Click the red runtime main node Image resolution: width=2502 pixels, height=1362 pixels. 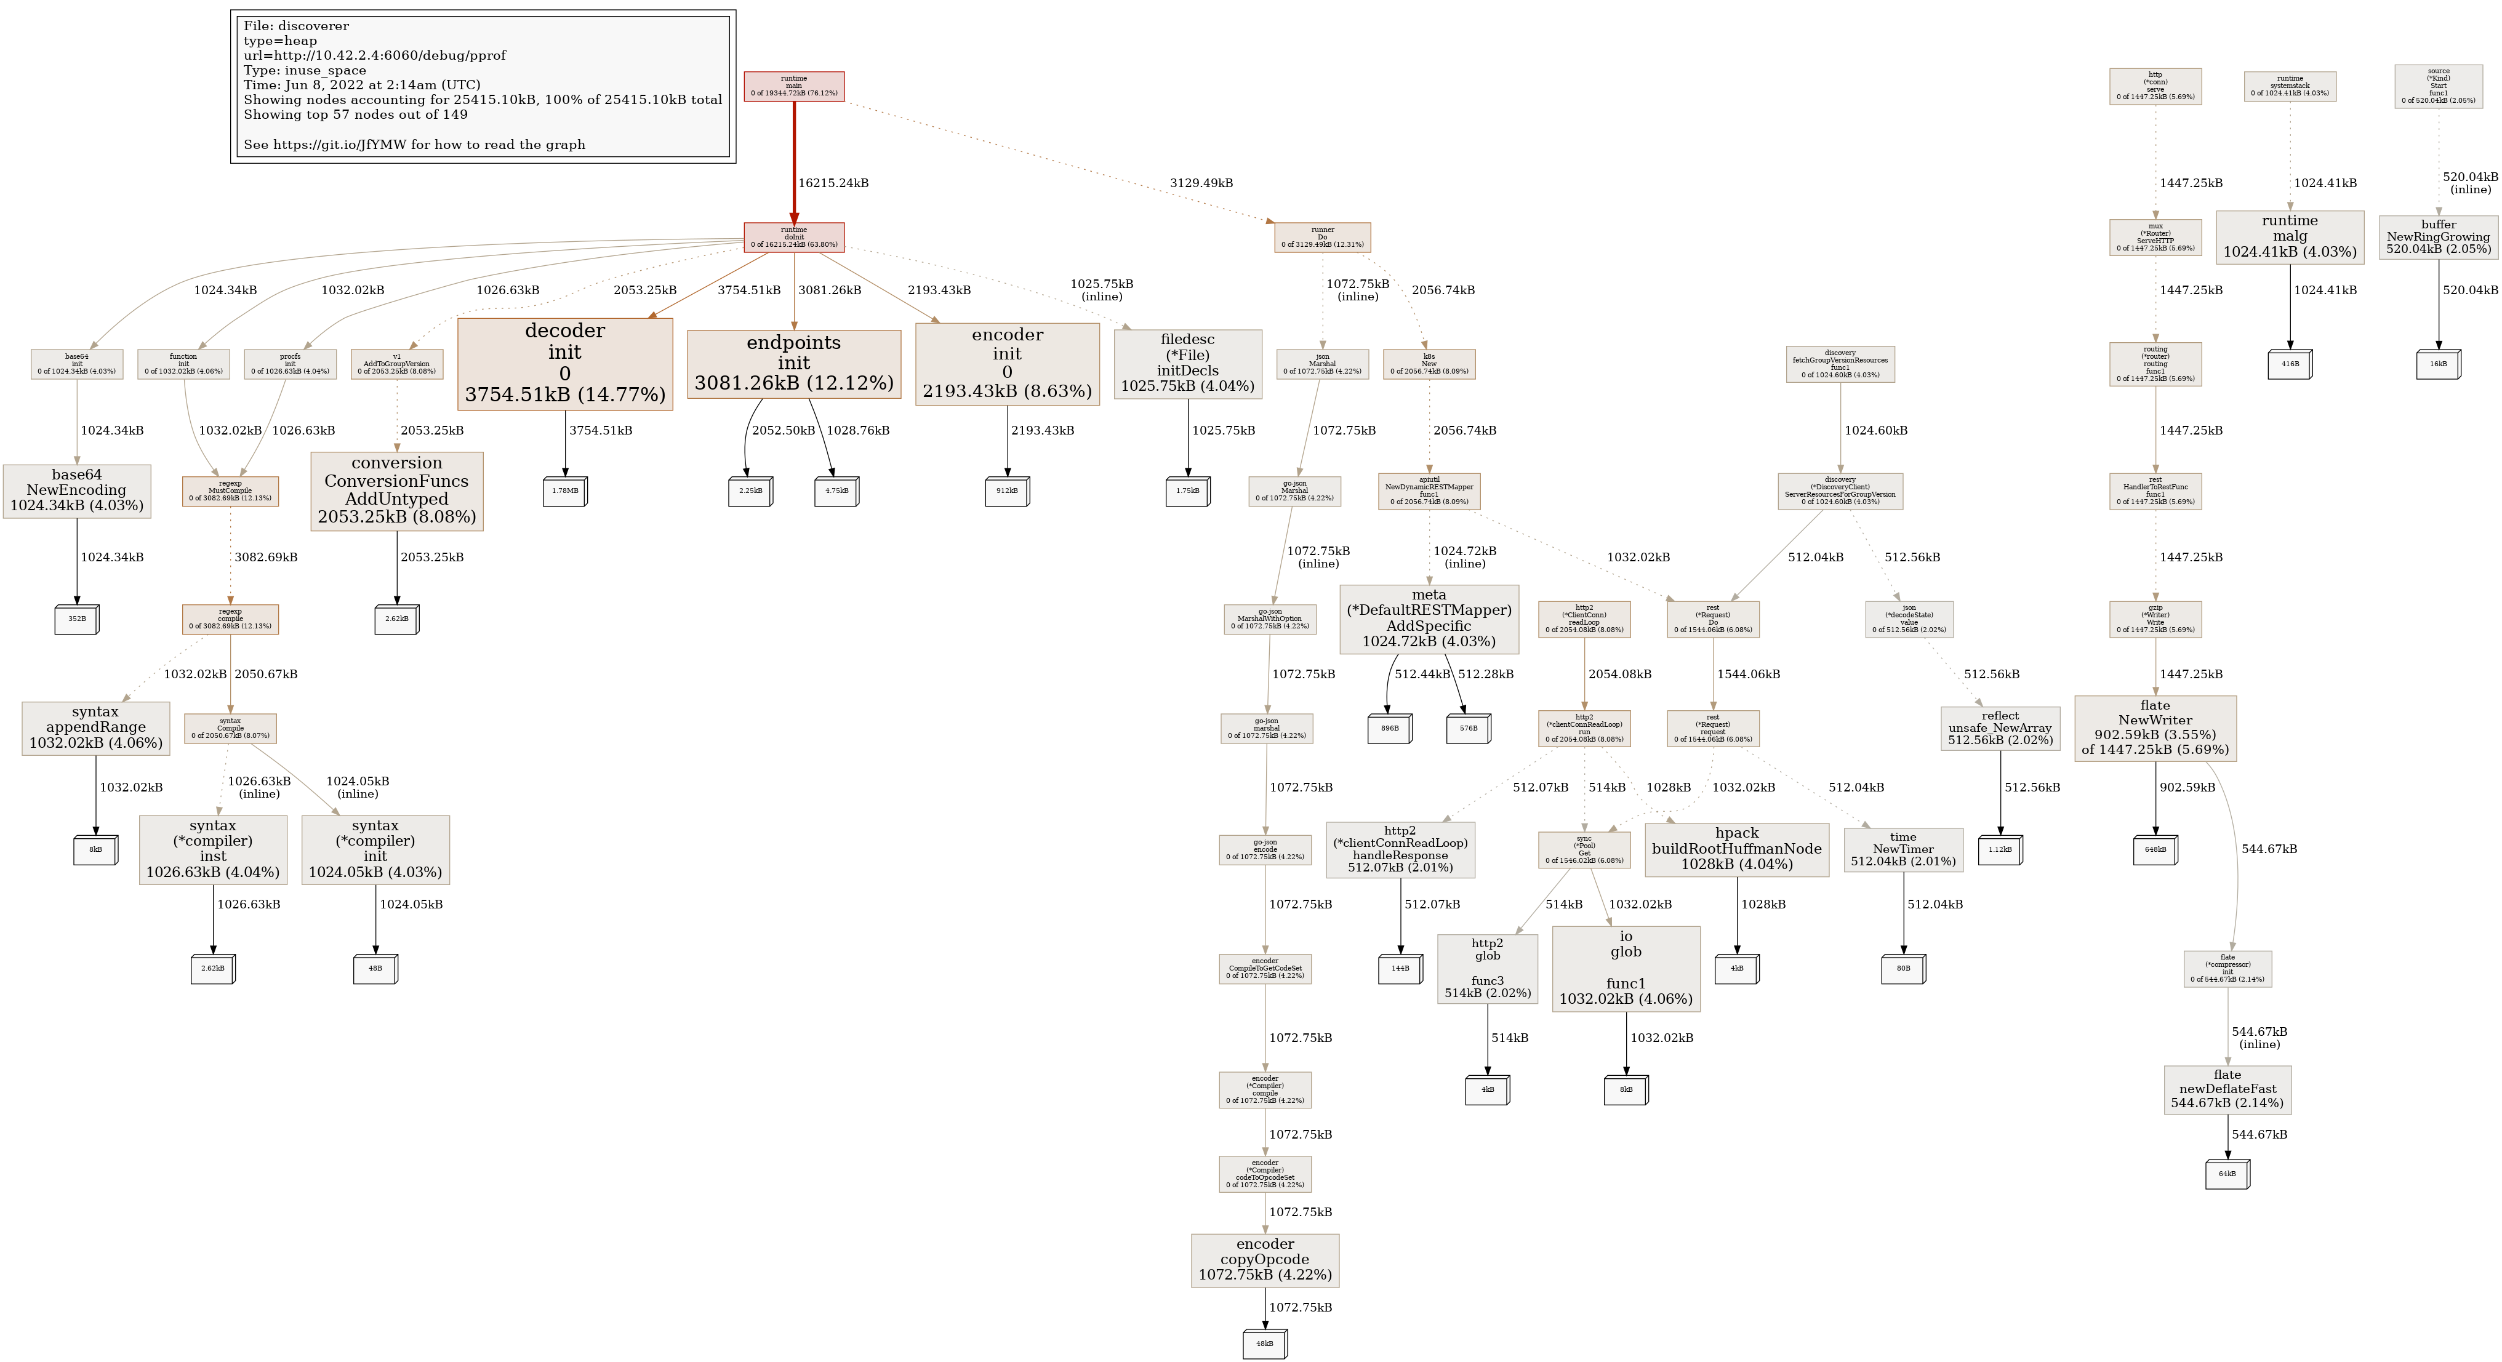click(793, 86)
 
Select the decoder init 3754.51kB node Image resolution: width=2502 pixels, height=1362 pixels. click(564, 363)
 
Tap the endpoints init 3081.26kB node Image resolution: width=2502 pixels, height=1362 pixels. click(793, 363)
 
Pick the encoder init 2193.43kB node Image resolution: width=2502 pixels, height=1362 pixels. click(1007, 363)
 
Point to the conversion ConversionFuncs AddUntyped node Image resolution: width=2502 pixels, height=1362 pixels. click(396, 491)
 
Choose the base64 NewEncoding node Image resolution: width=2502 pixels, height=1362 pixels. click(77, 491)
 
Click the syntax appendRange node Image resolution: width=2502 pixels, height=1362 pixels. click(95, 727)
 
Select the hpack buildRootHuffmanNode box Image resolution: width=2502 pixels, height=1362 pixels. click(1737, 849)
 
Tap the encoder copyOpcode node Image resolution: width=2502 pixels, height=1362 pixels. click(1265, 1260)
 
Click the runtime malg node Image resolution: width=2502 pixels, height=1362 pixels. click(2289, 236)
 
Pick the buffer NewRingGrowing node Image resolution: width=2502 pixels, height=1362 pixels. click(2438, 237)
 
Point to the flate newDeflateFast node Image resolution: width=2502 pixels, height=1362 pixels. click(2227, 1089)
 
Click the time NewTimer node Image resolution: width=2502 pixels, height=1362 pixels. click(1903, 849)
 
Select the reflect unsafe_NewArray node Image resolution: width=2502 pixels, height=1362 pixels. click(2000, 727)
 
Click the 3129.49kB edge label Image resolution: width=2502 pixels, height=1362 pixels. click(1200, 183)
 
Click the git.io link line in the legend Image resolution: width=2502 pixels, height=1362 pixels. click(415, 145)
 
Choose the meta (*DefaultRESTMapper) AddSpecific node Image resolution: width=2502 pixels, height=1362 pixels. click(1428, 618)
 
